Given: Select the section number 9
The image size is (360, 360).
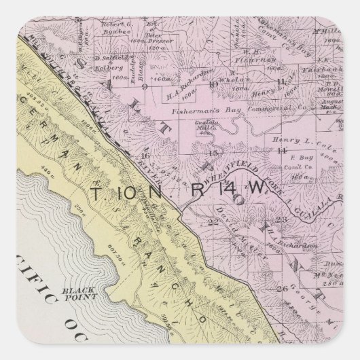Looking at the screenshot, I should pyautogui.click(x=143, y=87).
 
